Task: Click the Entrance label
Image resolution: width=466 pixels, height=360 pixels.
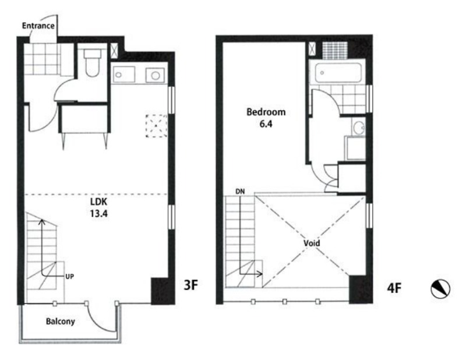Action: point(38,26)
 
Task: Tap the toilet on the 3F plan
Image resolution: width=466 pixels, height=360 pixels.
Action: point(93,62)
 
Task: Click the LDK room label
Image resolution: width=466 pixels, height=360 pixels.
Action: point(98,202)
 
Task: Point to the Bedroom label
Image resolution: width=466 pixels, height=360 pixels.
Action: point(266,112)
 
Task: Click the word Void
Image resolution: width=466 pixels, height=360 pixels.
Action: point(312,243)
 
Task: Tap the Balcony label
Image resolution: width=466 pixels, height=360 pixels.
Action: point(61,322)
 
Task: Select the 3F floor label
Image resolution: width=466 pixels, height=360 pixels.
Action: point(190,285)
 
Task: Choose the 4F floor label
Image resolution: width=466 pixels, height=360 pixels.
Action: point(394,288)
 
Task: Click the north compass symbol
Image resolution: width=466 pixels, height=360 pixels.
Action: point(440,289)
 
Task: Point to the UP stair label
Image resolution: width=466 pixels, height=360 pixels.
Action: point(69,277)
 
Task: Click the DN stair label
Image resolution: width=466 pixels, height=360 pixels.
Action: point(240,192)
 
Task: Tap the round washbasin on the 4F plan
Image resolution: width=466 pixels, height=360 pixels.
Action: point(359,127)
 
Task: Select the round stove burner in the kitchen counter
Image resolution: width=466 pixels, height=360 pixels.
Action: point(155,76)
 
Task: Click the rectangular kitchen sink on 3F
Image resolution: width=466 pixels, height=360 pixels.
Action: point(123,75)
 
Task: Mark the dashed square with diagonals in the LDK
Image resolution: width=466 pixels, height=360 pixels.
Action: point(156,125)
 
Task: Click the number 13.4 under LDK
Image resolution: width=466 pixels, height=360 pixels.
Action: point(98,213)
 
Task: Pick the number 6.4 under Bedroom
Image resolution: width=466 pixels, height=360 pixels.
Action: point(266,123)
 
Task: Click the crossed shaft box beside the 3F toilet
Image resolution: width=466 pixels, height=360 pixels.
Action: point(114,51)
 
